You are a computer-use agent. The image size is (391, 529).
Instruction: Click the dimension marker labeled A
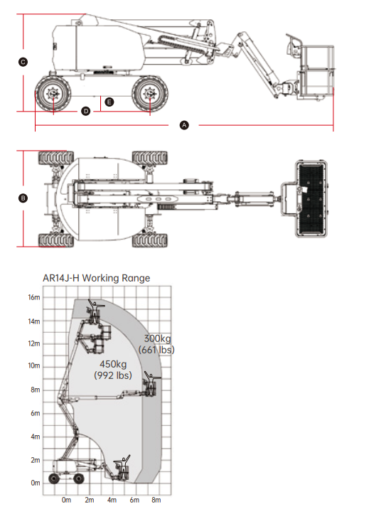[184, 125]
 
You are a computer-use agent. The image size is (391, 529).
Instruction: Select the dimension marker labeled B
[23, 198]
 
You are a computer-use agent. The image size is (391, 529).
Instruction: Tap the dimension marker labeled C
[23, 62]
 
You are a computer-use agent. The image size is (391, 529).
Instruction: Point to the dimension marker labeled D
[86, 111]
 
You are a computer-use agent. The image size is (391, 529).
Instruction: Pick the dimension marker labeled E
[109, 102]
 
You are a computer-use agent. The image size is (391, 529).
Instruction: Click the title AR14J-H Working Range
[97, 278]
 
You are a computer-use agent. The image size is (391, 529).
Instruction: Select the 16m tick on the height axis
[33, 297]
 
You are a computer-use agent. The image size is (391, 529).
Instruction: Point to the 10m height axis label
[33, 365]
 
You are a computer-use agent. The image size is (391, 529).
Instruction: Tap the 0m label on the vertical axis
[36, 483]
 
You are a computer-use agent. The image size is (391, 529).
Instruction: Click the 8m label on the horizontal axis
[156, 500]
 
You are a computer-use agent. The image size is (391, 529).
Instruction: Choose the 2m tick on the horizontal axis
[90, 500]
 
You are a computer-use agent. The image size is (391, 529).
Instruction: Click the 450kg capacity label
[113, 364]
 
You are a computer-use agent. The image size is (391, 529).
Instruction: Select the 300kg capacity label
[158, 338]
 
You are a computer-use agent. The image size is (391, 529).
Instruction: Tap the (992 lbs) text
[113, 375]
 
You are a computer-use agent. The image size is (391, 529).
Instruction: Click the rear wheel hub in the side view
[53, 93]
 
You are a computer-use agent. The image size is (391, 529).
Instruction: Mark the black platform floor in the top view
[311, 198]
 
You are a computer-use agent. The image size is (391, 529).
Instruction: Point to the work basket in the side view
[316, 71]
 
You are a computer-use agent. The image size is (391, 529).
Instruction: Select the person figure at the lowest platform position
[123, 466]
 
